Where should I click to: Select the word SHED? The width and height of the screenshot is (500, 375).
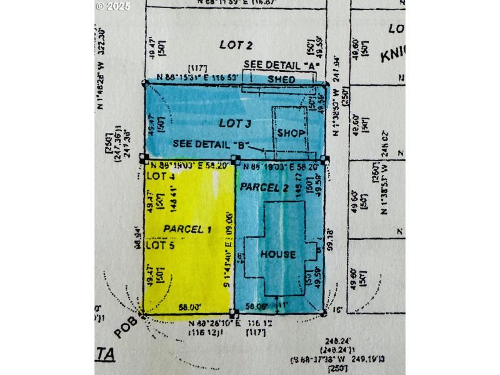281,80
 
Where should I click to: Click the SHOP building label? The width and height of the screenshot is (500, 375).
291,133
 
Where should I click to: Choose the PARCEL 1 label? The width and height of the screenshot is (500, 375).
187,229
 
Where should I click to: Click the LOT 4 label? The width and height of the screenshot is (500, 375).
160,177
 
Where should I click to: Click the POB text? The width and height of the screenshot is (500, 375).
126,327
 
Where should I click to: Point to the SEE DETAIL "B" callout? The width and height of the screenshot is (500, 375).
209,144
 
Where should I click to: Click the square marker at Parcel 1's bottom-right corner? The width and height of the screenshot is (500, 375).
232,312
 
